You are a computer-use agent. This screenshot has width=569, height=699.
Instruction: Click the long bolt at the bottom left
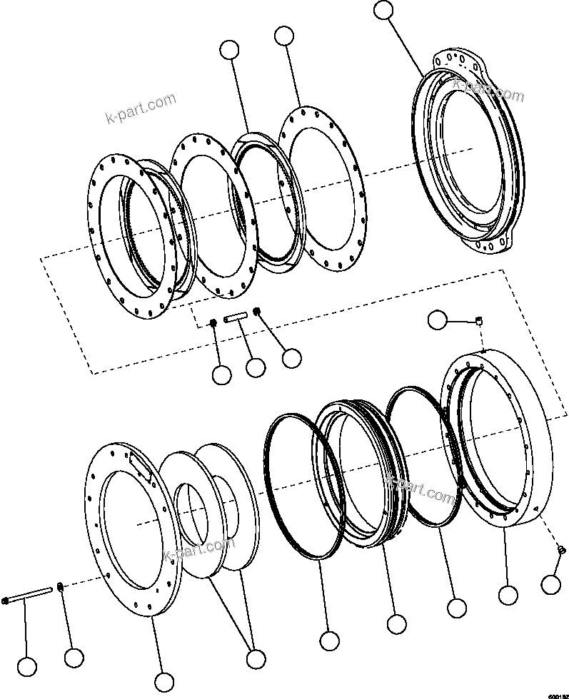click(x=29, y=594)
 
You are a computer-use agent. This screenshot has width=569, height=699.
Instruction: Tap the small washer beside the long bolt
click(x=61, y=587)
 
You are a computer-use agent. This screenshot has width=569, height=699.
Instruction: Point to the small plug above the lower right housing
click(x=480, y=321)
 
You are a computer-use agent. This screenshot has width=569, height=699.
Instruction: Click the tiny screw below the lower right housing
click(x=560, y=549)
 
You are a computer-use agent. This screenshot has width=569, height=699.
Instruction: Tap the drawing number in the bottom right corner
click(x=558, y=694)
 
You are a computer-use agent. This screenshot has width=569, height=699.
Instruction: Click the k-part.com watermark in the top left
click(x=140, y=107)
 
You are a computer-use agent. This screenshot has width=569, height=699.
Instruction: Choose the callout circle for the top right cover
click(x=384, y=10)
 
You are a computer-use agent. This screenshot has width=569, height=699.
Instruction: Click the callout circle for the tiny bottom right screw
click(x=550, y=584)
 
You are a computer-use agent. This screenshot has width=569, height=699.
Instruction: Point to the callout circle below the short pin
click(x=255, y=368)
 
